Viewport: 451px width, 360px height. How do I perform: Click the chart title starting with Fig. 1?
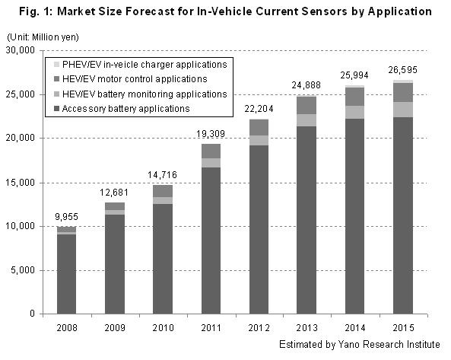[225, 12]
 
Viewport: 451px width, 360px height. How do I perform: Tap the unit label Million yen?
[55, 37]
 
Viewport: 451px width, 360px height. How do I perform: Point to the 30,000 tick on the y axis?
[21, 50]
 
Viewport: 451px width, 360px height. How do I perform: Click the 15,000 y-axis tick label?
[21, 183]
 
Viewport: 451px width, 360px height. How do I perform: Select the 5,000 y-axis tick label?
[23, 270]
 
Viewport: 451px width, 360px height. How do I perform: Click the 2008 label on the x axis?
[67, 328]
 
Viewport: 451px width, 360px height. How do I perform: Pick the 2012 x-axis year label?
[259, 328]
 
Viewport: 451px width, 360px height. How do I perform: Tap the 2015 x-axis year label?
[403, 328]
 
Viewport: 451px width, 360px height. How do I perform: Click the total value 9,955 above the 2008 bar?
[66, 217]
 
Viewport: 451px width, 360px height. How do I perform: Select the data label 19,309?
[211, 134]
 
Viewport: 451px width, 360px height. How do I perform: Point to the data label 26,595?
[402, 70]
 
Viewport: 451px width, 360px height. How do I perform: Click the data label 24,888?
[306, 85]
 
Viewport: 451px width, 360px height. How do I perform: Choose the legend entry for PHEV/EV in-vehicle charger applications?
[141, 65]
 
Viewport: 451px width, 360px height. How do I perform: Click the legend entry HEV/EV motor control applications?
[130, 79]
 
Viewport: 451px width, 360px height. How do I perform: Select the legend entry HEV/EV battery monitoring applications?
[141, 94]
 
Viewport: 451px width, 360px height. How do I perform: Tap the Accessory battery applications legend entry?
[122, 109]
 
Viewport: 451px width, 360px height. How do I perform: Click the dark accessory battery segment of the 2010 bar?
[163, 259]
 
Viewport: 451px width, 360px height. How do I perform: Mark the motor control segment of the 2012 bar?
[259, 127]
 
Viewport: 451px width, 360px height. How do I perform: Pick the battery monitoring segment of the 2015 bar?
[403, 110]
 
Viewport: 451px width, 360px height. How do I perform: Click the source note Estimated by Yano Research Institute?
[360, 345]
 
